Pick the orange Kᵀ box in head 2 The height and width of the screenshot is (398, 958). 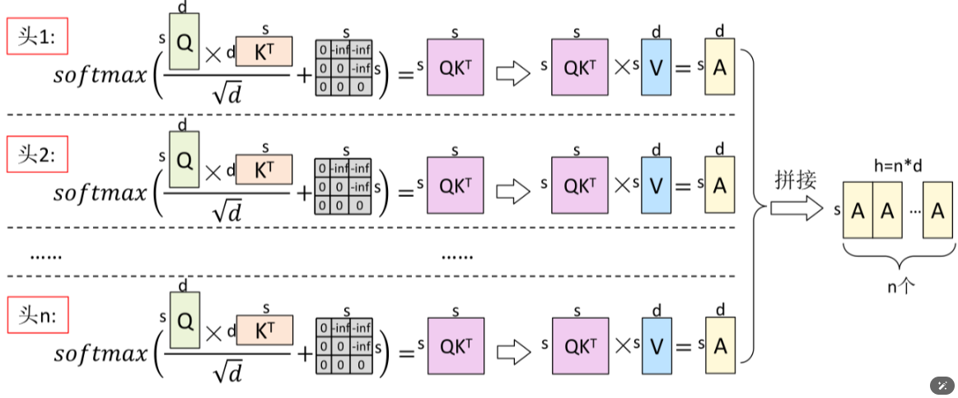[x=264, y=171]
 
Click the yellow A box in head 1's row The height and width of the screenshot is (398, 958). [x=720, y=68]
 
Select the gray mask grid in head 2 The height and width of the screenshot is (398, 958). [x=343, y=186]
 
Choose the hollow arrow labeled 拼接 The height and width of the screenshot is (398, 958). [x=796, y=209]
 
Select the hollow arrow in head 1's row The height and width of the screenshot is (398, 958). [x=513, y=73]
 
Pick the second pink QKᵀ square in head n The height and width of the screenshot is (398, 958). [x=579, y=347]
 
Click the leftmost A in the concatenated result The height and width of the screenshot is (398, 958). [x=858, y=211]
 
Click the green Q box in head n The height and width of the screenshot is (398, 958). [x=184, y=319]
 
